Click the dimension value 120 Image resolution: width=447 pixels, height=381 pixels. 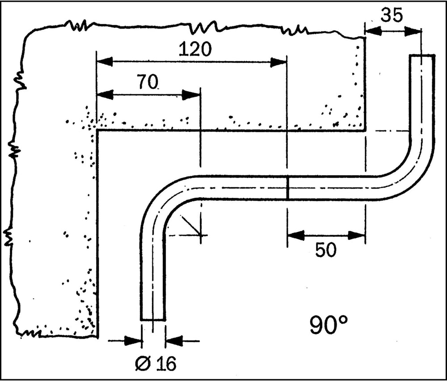click(x=195, y=49)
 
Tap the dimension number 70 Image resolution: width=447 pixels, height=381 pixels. click(x=148, y=82)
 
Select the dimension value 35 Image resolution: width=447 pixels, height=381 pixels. click(x=392, y=15)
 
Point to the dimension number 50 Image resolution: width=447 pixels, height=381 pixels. click(x=326, y=250)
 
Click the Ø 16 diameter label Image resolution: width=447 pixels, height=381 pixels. click(x=156, y=364)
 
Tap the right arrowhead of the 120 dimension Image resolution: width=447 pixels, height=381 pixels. click(x=278, y=63)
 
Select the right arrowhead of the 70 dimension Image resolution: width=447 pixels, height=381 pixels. click(x=191, y=95)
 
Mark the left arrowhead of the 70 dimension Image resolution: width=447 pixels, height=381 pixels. click(x=105, y=95)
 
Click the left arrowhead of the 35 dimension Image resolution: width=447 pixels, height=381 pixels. click(x=373, y=31)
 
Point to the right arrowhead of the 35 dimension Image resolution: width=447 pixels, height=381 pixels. click(x=413, y=31)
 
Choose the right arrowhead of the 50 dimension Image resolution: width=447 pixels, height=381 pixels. click(x=357, y=235)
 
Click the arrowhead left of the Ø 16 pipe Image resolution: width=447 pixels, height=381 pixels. click(x=133, y=340)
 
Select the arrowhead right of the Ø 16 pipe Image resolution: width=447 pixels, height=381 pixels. click(x=173, y=340)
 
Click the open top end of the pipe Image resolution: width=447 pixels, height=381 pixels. click(x=422, y=55)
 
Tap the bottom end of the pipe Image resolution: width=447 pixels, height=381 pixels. click(x=153, y=320)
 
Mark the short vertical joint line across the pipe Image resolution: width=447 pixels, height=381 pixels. click(x=287, y=188)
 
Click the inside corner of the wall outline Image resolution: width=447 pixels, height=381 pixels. click(x=97, y=131)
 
